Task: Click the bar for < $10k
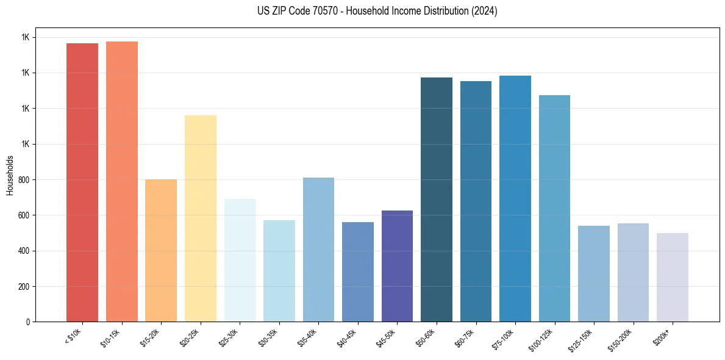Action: click(x=82, y=182)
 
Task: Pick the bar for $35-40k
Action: click(x=318, y=250)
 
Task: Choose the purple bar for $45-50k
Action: click(x=397, y=266)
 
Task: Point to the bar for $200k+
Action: click(x=673, y=277)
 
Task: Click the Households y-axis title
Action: click(x=10, y=175)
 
